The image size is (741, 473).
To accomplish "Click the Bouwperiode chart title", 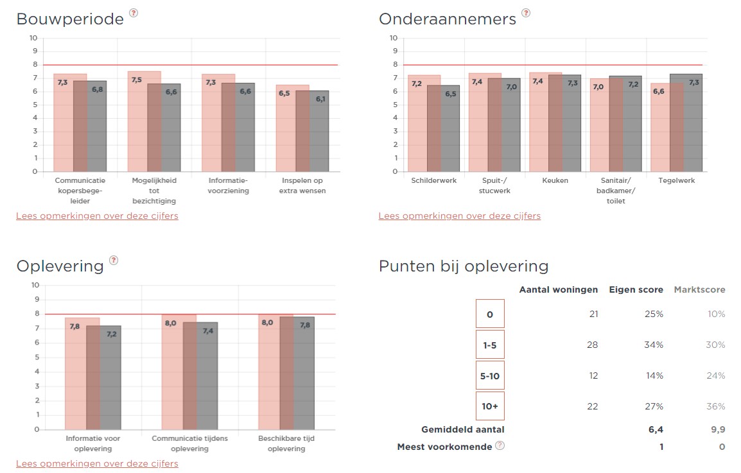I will coord(70,19).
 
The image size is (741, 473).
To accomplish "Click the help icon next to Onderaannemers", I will coord(526,13).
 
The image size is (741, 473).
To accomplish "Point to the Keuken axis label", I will coord(555,181).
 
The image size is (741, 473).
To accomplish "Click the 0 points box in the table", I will coord(490,314).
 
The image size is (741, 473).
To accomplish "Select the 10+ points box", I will coord(490,406).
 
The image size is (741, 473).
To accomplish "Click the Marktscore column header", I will coord(699,289).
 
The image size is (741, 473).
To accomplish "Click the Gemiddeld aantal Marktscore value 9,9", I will coord(718,429).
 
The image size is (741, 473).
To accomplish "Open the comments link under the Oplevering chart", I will coord(97,463).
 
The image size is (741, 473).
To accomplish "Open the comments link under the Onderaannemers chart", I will coord(459,216).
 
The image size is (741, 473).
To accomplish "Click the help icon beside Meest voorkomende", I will coord(500,446).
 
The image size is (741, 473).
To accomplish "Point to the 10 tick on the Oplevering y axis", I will coord(35,285).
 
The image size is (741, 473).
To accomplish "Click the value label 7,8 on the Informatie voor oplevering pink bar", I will coord(74,327).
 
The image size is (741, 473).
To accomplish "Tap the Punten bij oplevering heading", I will coord(464,266).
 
